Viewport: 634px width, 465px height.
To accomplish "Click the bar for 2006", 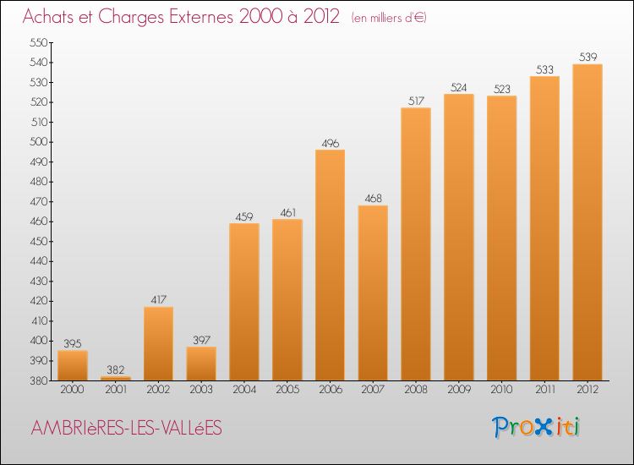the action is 330,265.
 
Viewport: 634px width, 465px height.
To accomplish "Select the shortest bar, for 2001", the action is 116,379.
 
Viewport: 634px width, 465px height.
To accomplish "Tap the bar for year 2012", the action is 588,222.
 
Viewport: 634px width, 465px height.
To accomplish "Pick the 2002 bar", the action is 159,344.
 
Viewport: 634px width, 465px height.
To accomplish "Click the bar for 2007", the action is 373,293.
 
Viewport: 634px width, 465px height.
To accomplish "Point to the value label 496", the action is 331,144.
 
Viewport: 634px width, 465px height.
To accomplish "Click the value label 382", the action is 116,370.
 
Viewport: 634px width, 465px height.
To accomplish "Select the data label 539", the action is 588,57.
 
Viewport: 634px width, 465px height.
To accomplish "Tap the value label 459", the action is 244,217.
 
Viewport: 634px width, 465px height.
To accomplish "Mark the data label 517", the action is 416,101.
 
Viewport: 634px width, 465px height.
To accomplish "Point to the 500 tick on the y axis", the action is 39,142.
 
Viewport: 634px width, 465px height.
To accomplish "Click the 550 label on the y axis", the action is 39,42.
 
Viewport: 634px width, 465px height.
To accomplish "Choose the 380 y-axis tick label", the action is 39,381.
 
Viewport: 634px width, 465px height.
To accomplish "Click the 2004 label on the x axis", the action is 244,390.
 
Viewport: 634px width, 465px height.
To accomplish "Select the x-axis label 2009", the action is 459,390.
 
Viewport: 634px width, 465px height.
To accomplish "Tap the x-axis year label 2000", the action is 73,390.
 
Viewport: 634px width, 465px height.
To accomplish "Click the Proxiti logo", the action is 536,427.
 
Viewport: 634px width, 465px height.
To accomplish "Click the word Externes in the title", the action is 201,17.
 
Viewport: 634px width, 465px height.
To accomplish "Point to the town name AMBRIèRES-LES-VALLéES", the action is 127,428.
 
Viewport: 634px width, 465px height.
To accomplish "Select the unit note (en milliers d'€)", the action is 389,18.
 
